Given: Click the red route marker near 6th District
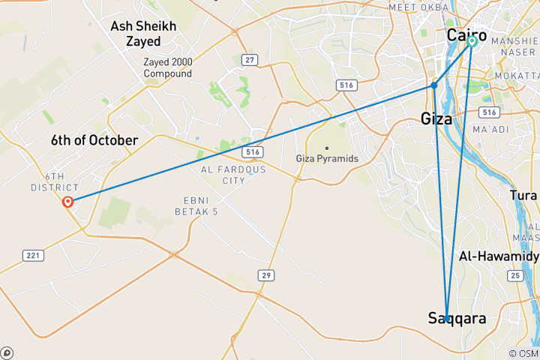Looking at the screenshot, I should tap(68, 201).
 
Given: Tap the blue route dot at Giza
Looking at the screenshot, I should tap(434, 85).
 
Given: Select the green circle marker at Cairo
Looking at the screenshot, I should tap(472, 41).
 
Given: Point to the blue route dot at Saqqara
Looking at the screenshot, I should tap(447, 318).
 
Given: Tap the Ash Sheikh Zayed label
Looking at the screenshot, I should tap(143, 33).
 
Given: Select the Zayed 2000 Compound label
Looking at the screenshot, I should tap(168, 68).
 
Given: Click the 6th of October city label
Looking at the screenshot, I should tap(94, 140).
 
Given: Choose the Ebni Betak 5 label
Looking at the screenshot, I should tap(200, 206).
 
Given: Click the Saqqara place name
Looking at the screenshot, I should tap(457, 319).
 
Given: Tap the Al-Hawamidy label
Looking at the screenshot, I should tap(499, 256).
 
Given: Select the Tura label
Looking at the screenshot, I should tap(523, 195).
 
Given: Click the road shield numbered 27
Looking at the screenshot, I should tap(248, 59).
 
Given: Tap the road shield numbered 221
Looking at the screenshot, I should tap(33, 256).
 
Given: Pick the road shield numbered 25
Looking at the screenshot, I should tap(514, 276).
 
